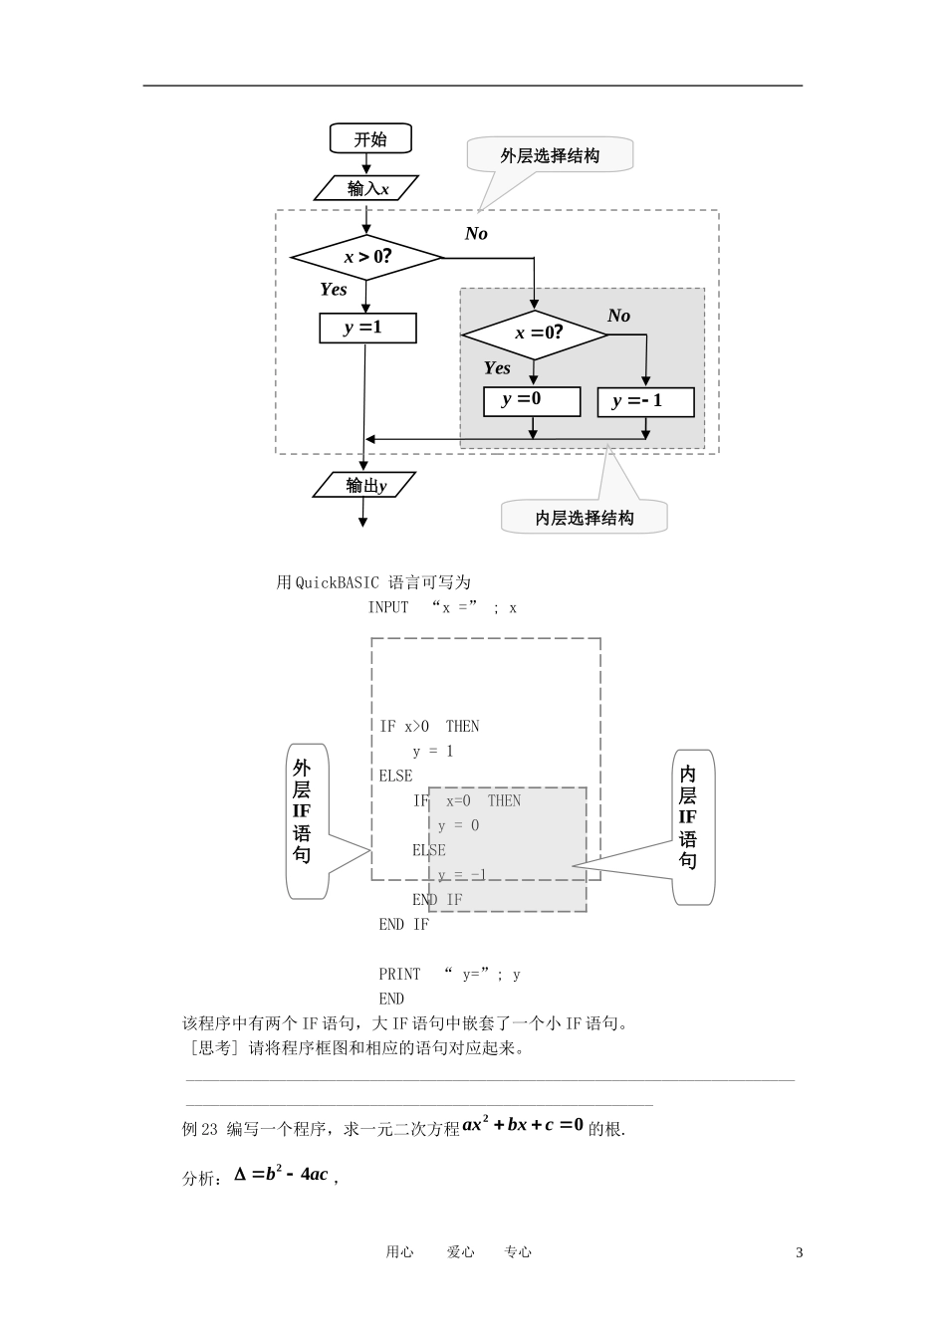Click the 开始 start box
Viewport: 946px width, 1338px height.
point(370,139)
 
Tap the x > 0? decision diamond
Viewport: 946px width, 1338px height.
point(366,258)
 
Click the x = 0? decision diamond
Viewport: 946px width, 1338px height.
point(535,334)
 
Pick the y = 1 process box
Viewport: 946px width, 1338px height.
point(367,328)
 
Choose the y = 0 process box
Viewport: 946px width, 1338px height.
point(532,400)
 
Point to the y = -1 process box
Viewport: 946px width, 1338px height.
point(645,401)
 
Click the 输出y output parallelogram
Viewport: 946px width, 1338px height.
point(365,486)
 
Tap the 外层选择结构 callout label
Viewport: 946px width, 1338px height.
point(550,156)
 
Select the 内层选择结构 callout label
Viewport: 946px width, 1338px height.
point(584,518)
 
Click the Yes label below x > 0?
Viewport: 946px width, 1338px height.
point(334,290)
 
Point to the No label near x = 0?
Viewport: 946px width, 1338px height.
point(618,316)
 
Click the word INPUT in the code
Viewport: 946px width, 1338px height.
point(388,607)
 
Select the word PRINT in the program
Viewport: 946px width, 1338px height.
point(399,974)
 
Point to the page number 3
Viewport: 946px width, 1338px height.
point(799,1252)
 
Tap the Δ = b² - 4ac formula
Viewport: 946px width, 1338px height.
point(282,1175)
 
